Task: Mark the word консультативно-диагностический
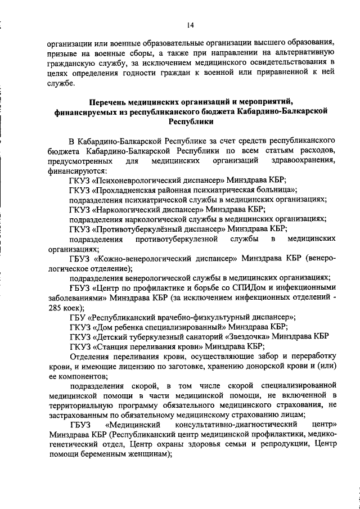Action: tap(238, 425)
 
